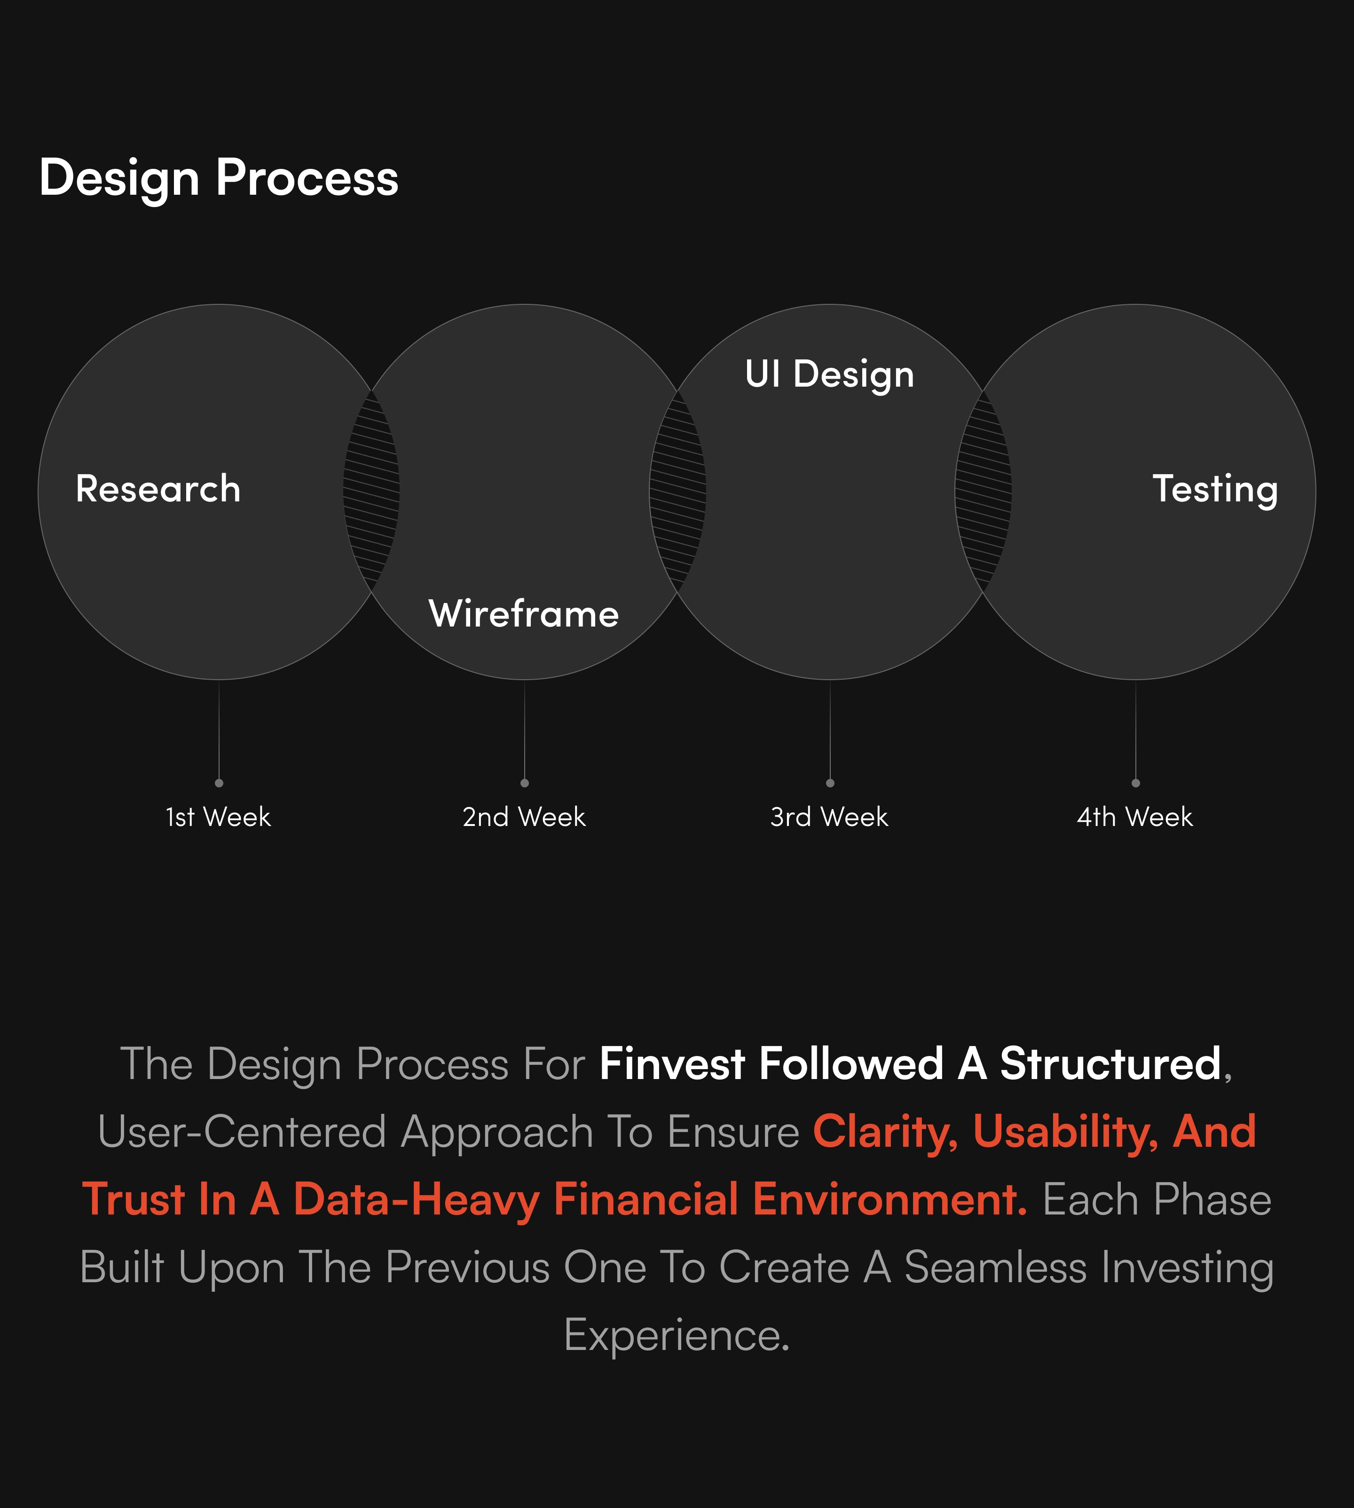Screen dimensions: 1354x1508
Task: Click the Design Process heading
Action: (x=219, y=179)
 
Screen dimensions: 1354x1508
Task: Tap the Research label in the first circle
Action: (x=157, y=489)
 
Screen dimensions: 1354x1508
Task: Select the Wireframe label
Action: (x=524, y=614)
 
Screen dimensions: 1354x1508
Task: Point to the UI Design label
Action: (x=829, y=374)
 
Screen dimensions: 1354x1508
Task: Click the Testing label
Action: (x=1215, y=490)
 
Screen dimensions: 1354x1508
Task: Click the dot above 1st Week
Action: (x=219, y=783)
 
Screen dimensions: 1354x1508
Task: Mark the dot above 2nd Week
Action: (x=525, y=783)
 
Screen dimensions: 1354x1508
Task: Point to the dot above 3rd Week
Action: (x=830, y=783)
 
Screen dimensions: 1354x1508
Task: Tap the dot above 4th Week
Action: (x=1135, y=783)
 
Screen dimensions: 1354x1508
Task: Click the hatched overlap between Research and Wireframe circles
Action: (x=371, y=491)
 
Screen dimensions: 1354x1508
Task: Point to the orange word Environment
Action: (x=890, y=1200)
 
